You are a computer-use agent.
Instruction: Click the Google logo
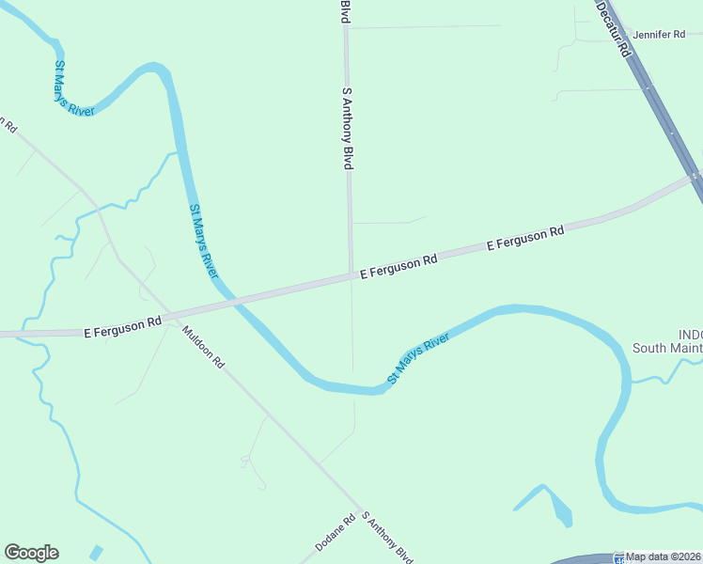coord(31,553)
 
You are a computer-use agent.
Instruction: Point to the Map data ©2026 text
coord(664,556)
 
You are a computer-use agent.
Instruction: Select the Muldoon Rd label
coord(204,346)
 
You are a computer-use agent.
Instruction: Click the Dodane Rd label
coord(335,533)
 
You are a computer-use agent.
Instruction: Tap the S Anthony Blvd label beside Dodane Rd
coord(388,539)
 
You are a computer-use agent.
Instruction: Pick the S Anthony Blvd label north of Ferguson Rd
coord(348,130)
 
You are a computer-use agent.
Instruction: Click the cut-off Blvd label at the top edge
coord(346,11)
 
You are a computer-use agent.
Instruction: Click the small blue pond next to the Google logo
coord(95,552)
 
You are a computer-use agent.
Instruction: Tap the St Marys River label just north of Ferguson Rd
coord(204,241)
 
